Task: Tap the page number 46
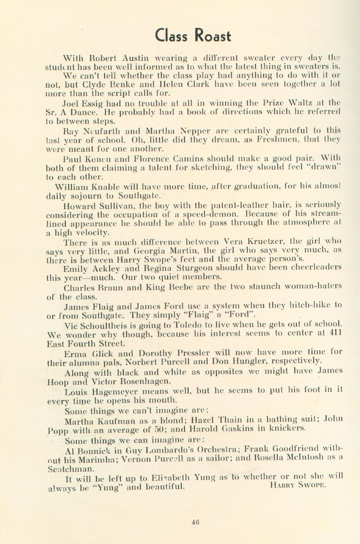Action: pos(195,522)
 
